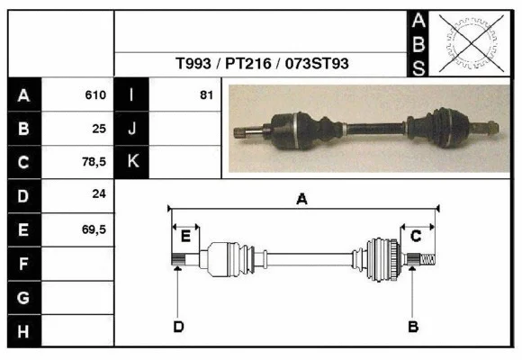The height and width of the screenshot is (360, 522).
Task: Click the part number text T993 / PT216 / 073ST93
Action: click(x=262, y=64)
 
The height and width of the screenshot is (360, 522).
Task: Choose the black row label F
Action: click(x=23, y=264)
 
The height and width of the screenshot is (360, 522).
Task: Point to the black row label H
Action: click(x=23, y=331)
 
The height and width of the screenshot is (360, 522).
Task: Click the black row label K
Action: click(x=132, y=162)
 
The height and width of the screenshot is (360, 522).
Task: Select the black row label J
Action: click(x=132, y=129)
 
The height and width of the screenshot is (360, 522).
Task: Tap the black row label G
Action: click(x=23, y=298)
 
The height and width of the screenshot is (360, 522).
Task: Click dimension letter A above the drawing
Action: click(x=302, y=199)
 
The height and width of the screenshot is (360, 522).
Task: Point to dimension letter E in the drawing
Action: click(x=185, y=236)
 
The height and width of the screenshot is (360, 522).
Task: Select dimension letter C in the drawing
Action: click(x=417, y=236)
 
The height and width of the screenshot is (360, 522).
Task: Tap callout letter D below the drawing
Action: click(x=178, y=326)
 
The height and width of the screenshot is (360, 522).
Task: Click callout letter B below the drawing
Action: click(x=413, y=326)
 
